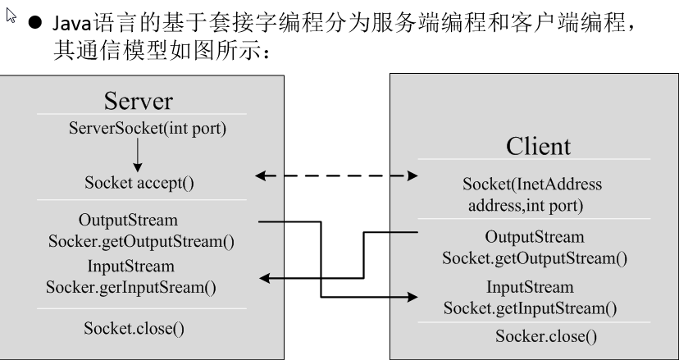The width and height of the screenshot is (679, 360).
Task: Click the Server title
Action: click(138, 101)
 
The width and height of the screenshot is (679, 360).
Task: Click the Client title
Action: click(538, 146)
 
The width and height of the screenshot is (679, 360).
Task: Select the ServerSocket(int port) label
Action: click(148, 128)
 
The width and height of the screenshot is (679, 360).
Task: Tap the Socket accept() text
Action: click(139, 183)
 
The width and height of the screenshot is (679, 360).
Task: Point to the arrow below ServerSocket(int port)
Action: click(138, 155)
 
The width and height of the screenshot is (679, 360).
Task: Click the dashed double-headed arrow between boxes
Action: click(336, 175)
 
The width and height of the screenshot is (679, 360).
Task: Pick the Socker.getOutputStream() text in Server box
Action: click(141, 241)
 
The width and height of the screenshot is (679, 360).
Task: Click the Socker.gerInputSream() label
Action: click(131, 287)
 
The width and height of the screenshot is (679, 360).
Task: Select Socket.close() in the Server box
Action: click(134, 328)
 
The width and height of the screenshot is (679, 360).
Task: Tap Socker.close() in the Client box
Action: click(546, 336)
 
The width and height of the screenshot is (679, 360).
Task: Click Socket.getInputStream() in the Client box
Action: click(531, 308)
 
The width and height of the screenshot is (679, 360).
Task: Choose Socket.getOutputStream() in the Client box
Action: click(535, 258)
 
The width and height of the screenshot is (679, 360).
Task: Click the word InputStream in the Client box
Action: click(530, 287)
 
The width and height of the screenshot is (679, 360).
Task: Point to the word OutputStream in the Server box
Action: click(128, 220)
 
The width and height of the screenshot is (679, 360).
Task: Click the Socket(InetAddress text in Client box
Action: click(532, 185)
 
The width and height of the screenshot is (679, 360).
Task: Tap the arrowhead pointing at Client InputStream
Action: click(412, 297)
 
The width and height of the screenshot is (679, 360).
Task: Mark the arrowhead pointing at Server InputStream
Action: click(265, 278)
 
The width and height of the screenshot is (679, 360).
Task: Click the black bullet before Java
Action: click(35, 22)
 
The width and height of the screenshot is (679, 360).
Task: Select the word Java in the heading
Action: click(72, 24)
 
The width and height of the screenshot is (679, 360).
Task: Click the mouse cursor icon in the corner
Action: click(11, 16)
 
